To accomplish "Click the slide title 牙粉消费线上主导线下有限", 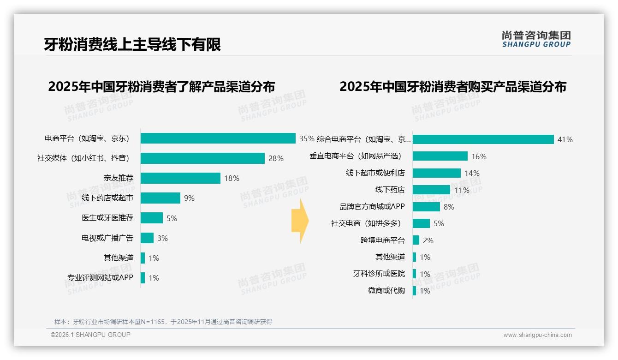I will (x=132, y=44).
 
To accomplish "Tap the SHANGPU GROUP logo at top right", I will (x=536, y=39).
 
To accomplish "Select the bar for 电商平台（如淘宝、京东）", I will (x=218, y=138).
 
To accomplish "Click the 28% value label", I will (x=276, y=158).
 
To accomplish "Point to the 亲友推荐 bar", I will (x=180, y=178).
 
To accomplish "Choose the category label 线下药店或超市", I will (x=107, y=198).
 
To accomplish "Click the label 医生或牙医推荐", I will (x=107, y=218).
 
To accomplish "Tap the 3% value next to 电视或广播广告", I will (x=162, y=238).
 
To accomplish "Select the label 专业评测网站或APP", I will (x=100, y=278).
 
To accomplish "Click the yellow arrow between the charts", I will (x=300, y=221).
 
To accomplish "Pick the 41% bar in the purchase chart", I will (x=483, y=139).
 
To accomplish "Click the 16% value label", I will (x=479, y=156).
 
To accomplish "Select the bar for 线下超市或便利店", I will (x=436, y=173).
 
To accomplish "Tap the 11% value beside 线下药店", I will (x=462, y=190).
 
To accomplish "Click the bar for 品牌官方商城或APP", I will (x=426, y=207).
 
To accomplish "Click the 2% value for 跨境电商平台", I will (x=428, y=240).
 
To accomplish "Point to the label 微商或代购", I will (x=386, y=291).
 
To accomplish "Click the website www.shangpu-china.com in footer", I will (x=537, y=335).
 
